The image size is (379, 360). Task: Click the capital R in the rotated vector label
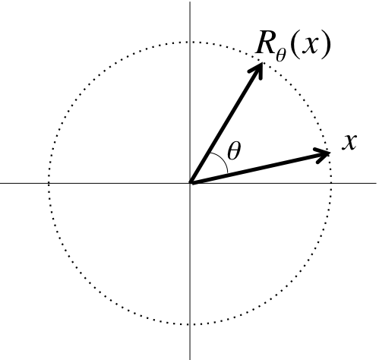(265, 43)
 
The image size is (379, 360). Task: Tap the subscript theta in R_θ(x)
(281, 55)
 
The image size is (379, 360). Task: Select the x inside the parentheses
(308, 45)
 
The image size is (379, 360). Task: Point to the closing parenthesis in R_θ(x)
(326, 45)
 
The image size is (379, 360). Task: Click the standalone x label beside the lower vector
(349, 143)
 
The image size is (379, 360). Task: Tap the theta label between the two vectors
(234, 151)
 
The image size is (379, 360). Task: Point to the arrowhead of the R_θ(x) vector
(257, 70)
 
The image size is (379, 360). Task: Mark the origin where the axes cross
(190, 182)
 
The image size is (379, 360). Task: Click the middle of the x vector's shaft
(260, 168)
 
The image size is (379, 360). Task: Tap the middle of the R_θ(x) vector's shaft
(227, 122)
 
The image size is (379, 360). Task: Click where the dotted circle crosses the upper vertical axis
(190, 42)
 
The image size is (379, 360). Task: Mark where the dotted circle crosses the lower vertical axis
(190, 324)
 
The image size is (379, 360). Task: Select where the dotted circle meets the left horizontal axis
(49, 182)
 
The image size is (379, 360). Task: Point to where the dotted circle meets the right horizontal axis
(331, 182)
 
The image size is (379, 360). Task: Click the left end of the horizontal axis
(1, 182)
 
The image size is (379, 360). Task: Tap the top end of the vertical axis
(190, 2)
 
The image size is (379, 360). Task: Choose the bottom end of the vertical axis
(190, 359)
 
